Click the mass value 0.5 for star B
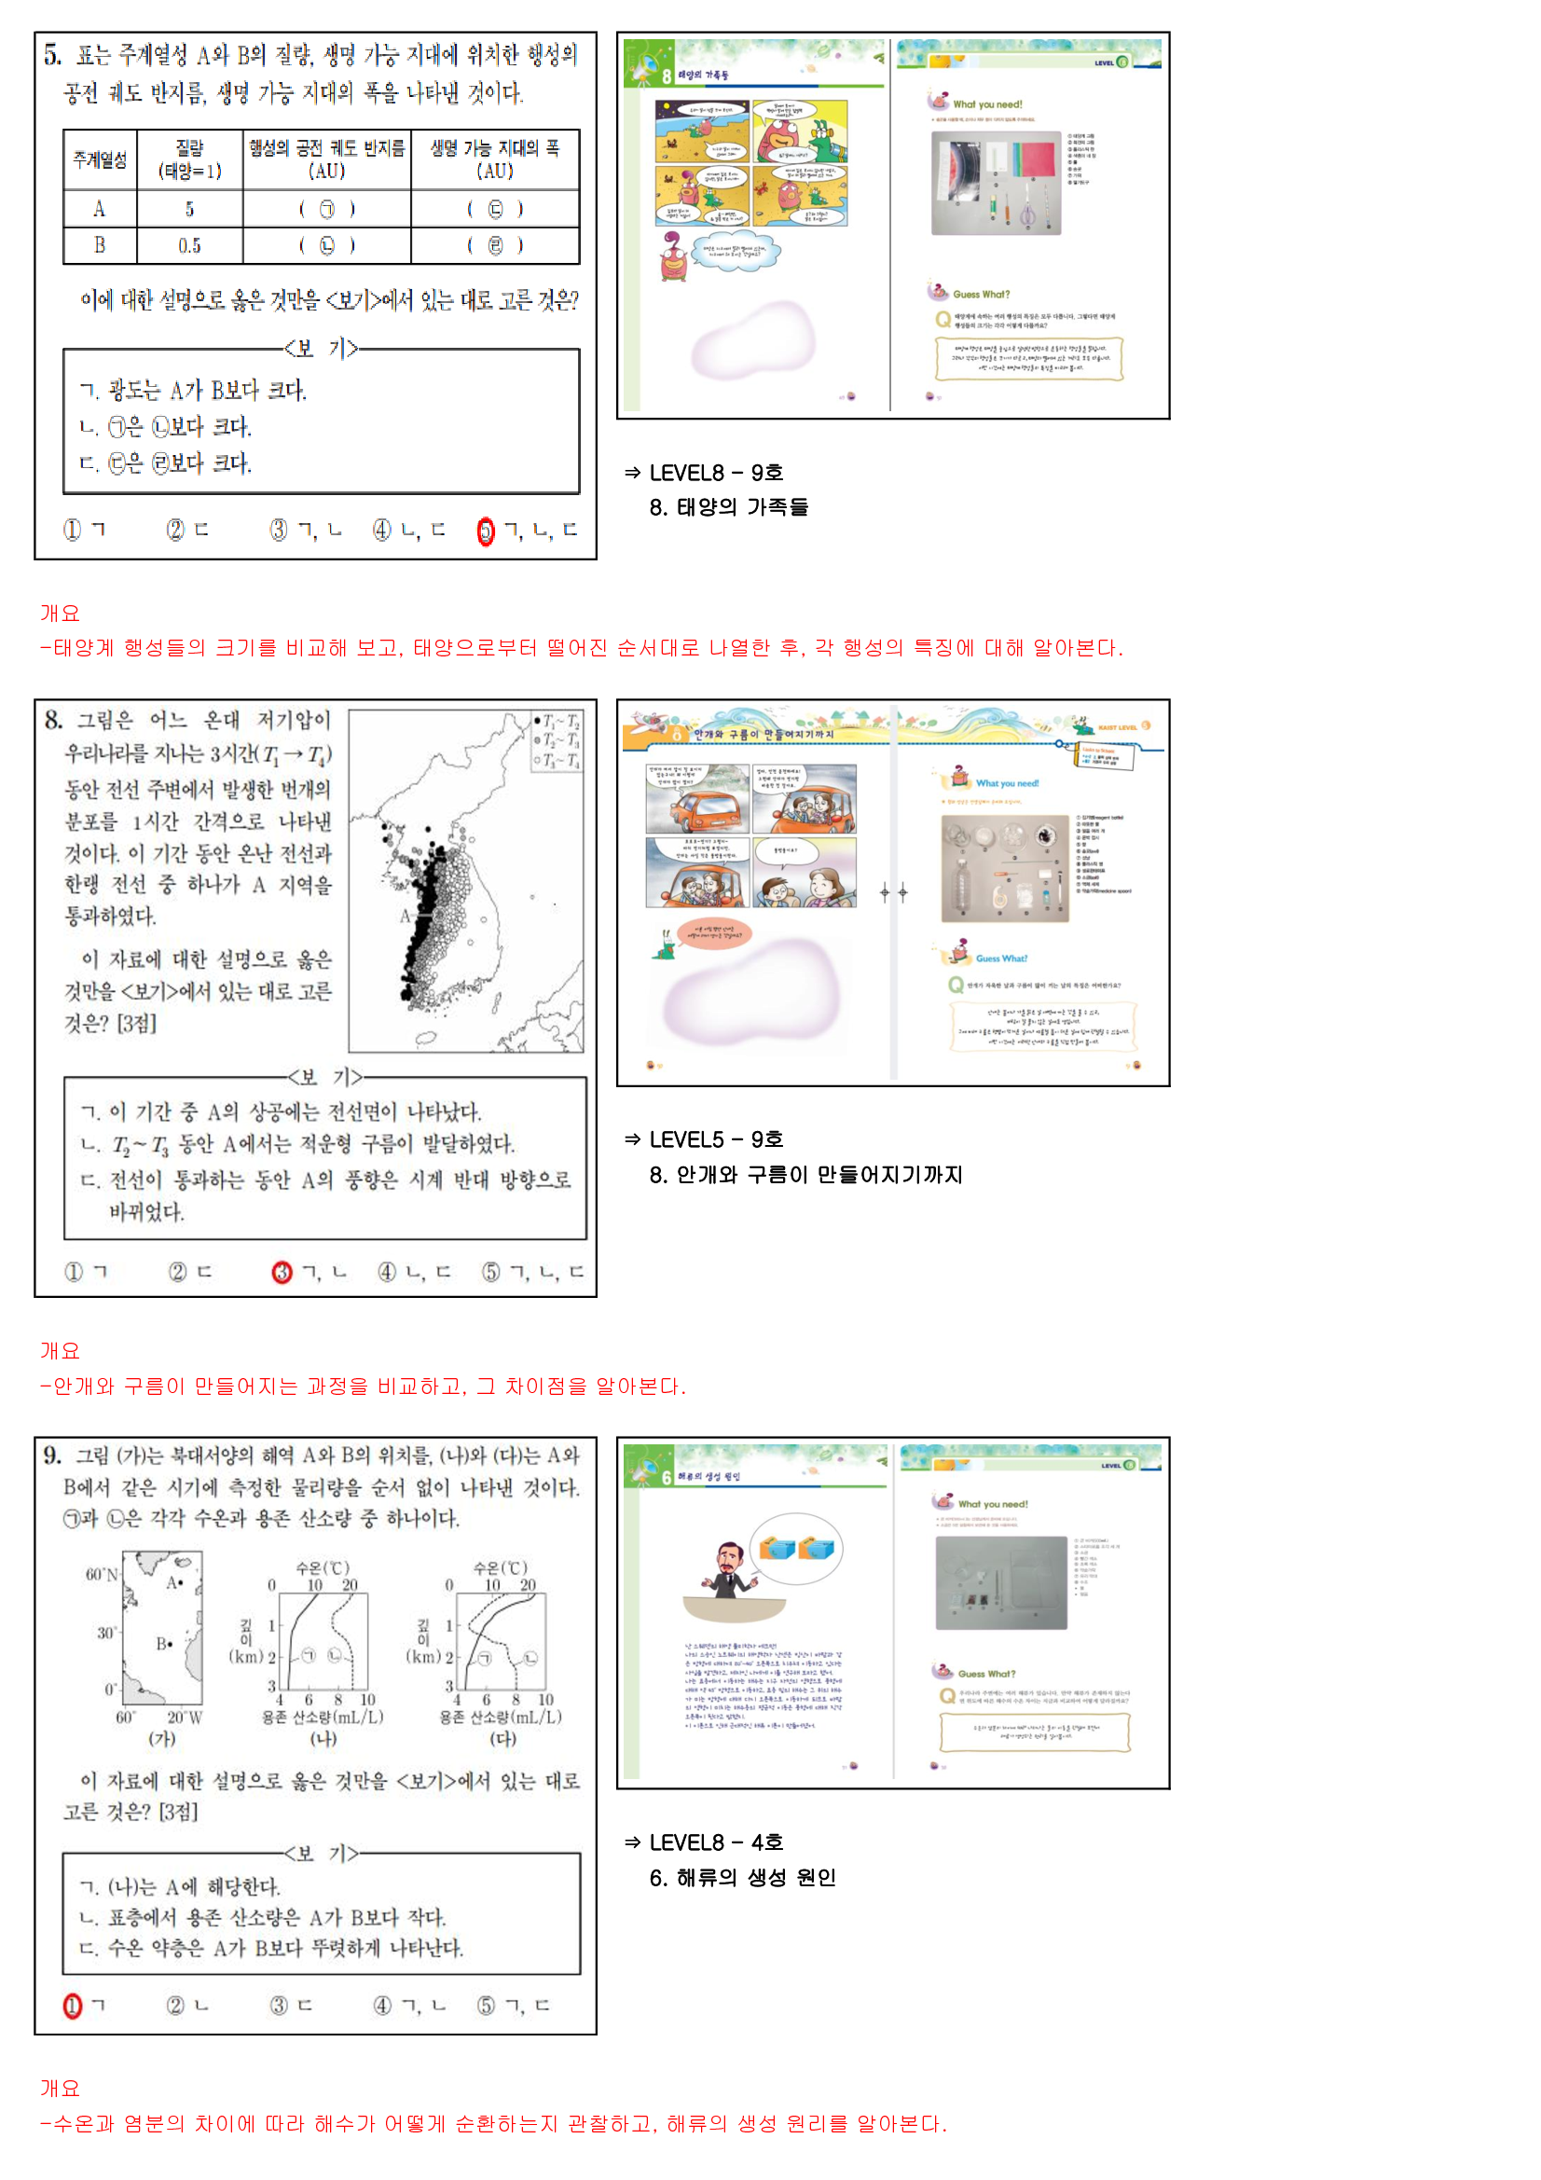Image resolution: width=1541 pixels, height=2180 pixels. coord(189,246)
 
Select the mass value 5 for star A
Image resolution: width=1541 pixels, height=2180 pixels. coord(189,209)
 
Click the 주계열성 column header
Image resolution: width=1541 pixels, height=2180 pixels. coord(100,159)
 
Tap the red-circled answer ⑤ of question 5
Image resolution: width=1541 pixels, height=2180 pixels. coord(485,531)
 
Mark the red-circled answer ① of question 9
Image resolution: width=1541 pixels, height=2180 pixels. coord(72,2007)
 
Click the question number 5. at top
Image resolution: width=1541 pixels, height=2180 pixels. coord(52,55)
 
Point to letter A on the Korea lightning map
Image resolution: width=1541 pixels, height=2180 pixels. coord(405,917)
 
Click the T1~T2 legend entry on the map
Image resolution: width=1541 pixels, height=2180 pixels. coord(558,722)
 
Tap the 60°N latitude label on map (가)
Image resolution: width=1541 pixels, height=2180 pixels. coord(102,1574)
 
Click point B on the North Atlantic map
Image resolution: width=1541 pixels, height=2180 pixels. coord(164,1644)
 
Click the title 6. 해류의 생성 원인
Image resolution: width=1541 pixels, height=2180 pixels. coord(742,1878)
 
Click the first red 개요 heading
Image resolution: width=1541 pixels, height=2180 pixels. coord(60,614)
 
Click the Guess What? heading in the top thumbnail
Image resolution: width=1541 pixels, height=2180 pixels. coord(981,295)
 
